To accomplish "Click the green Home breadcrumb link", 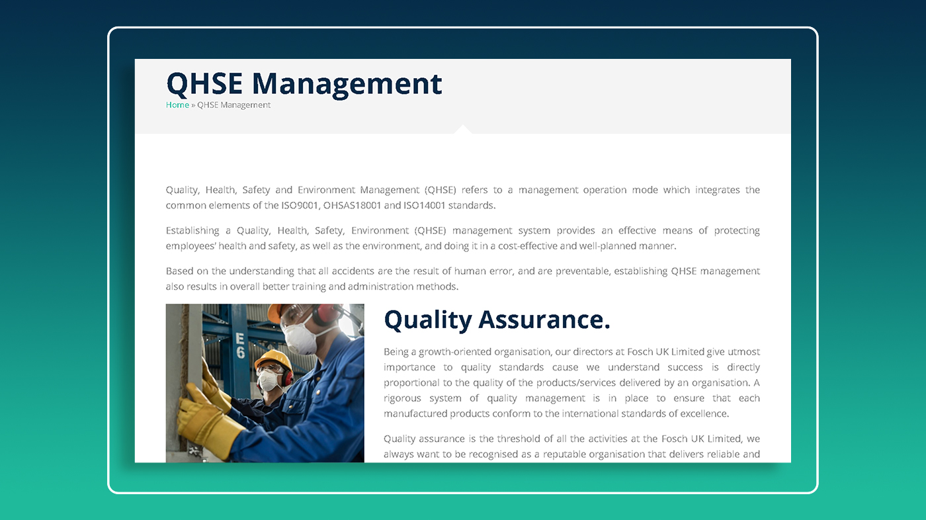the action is coord(177,105).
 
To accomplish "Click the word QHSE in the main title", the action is coord(204,84).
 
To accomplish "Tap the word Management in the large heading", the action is coord(347,85).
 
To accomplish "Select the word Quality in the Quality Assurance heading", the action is coord(428,320).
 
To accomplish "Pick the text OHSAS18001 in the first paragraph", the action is coord(352,206).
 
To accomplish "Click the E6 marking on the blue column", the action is coord(240,345).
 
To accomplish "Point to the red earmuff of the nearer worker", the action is coord(325,314).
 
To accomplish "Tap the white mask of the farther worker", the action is coord(268,380).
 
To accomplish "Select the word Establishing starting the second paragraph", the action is coord(192,231).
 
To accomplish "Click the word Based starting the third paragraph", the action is coord(179,271).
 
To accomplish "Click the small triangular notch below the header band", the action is coord(463,130).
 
